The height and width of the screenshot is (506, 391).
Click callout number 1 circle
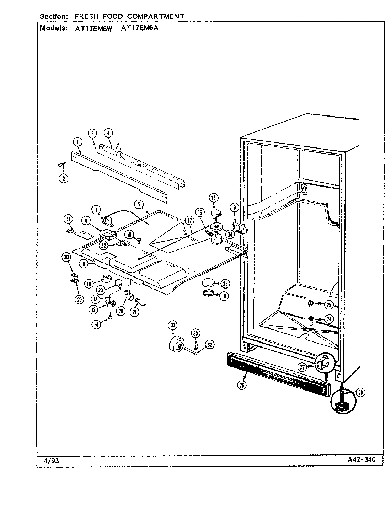point(77,142)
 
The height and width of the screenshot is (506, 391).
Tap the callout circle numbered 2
point(63,178)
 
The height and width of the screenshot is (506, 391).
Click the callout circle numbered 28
point(360,393)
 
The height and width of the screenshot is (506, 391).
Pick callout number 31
point(173,325)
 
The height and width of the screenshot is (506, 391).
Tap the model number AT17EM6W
point(93,29)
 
